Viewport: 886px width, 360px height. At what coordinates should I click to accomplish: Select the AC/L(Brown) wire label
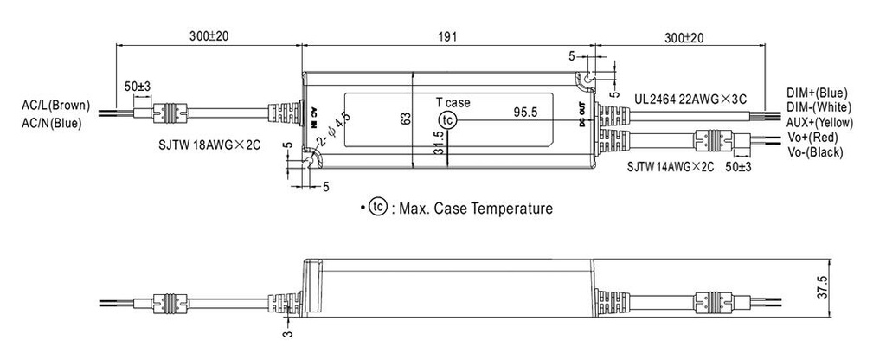pos(55,106)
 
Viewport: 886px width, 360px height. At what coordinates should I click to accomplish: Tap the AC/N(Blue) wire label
pos(52,123)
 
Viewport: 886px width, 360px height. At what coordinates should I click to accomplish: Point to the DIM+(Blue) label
pos(817,93)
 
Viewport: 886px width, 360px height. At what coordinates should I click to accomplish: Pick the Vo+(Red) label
pos(813,136)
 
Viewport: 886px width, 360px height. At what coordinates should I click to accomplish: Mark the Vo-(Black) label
pos(816,151)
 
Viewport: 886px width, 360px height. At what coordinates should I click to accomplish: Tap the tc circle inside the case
pos(446,119)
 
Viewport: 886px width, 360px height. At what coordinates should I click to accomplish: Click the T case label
pos(453,103)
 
